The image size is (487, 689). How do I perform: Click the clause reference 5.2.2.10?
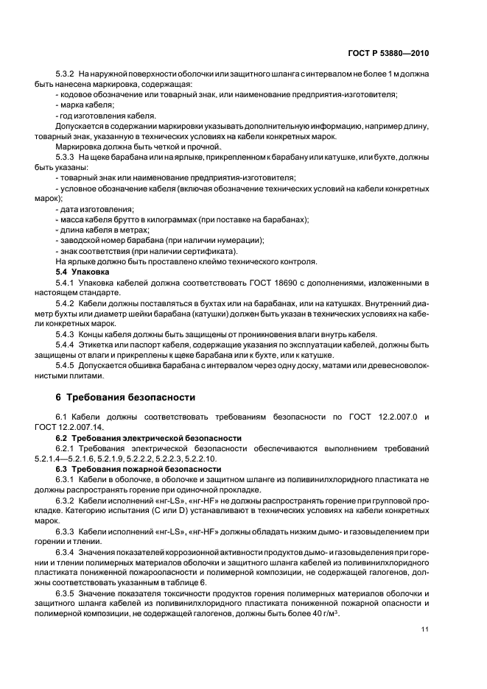[196, 459]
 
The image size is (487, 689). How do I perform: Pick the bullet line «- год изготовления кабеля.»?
[105, 116]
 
